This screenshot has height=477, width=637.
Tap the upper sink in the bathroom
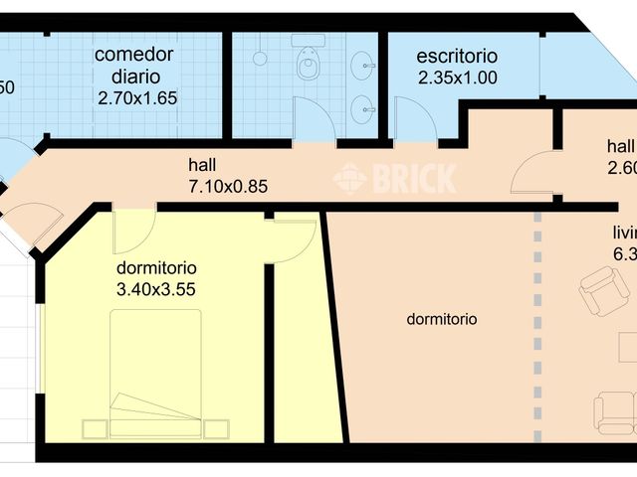click(367, 58)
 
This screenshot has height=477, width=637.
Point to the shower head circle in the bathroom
click(260, 59)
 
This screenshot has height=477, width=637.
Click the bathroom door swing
click(315, 121)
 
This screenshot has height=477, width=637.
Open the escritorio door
click(413, 122)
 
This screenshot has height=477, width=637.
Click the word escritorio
click(458, 57)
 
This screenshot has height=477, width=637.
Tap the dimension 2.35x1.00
click(458, 77)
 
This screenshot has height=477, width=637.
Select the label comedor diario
click(134, 65)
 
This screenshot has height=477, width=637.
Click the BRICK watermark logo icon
click(349, 179)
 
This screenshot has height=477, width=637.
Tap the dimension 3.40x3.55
click(156, 289)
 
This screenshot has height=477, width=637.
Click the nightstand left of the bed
click(95, 429)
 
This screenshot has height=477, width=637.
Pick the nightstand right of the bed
click(216, 429)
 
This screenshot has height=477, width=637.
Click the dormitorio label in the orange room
click(442, 319)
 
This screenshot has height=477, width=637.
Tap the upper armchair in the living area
click(603, 291)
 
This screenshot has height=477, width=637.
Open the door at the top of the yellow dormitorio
click(132, 231)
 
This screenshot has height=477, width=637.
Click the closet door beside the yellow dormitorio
click(293, 238)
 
